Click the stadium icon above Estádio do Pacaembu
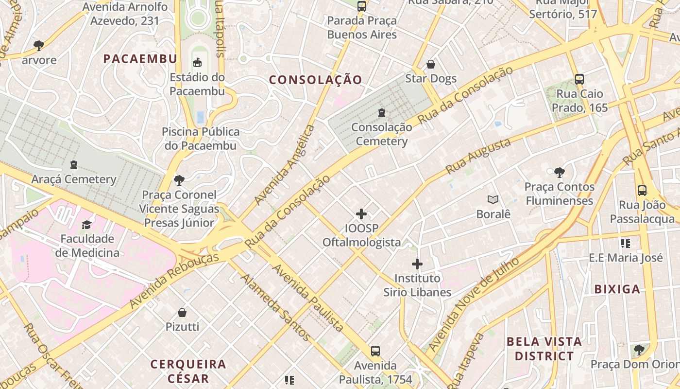[x=197, y=63]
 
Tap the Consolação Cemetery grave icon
[x=382, y=113]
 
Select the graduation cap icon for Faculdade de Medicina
[x=87, y=224]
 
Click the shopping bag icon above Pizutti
[x=182, y=312]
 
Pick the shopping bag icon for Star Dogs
[x=430, y=64]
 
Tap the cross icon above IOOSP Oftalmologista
[x=361, y=214]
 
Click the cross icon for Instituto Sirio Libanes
[x=417, y=264]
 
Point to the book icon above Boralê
[x=493, y=199]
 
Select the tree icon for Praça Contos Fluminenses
[x=559, y=172]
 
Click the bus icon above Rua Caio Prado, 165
[x=579, y=79]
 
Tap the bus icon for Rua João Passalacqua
[x=642, y=191]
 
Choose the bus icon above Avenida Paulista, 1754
[x=375, y=351]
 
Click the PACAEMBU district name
[x=140, y=59]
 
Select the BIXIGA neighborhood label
[x=617, y=289]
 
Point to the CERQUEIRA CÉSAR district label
[x=188, y=371]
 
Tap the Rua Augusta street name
[x=478, y=157]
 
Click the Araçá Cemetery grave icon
[x=74, y=165]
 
